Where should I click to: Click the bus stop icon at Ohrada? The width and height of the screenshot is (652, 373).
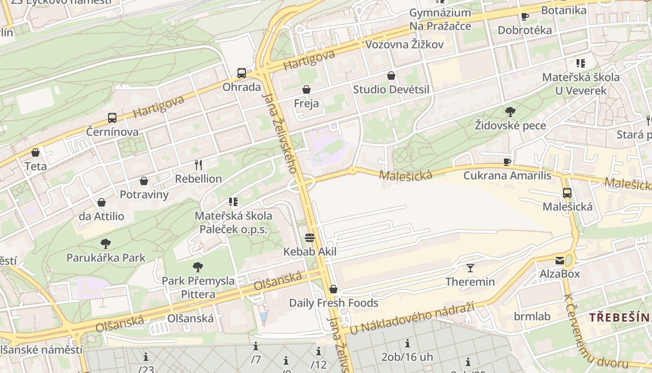click(241, 73)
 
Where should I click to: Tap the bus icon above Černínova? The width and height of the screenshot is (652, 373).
click(112, 118)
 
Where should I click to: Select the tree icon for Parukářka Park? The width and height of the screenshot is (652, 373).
click(106, 243)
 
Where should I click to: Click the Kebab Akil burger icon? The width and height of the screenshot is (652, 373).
click(310, 238)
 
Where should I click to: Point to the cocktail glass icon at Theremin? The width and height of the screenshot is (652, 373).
click(470, 268)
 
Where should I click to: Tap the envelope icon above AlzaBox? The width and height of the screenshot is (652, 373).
click(559, 261)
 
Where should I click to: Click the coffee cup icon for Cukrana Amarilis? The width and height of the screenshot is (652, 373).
click(507, 162)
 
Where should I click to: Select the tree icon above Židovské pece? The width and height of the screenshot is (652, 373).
click(510, 111)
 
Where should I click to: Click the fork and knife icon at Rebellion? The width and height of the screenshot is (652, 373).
click(198, 165)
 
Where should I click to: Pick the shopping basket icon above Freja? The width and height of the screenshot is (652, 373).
click(306, 90)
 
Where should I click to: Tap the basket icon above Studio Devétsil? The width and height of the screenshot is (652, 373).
click(391, 76)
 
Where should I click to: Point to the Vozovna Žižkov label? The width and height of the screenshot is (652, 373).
click(404, 45)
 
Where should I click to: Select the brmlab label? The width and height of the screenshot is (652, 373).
click(532, 317)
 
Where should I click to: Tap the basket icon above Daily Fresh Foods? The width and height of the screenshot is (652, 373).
click(333, 290)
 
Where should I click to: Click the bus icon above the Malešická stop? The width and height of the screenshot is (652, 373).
click(567, 193)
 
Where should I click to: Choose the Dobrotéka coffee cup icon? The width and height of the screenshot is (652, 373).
click(525, 17)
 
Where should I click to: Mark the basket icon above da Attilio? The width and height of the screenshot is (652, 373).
click(101, 202)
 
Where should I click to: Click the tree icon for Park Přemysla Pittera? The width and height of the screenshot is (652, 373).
click(198, 267)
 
